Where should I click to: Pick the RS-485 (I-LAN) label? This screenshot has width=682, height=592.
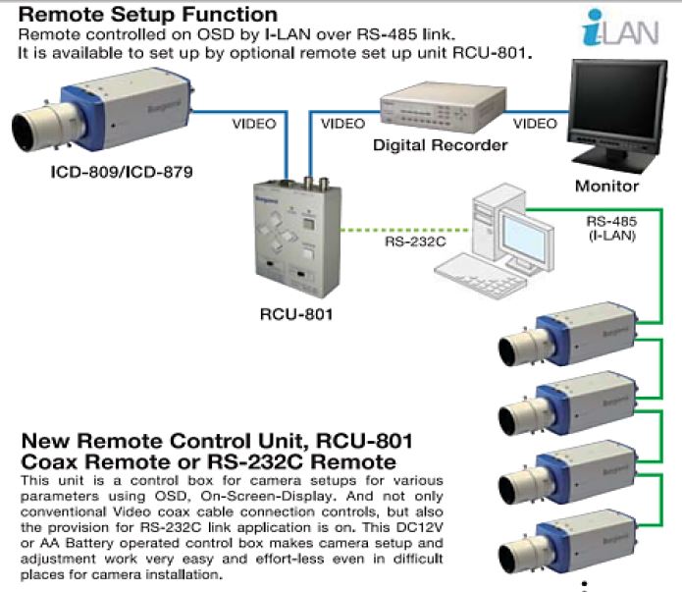(611, 228)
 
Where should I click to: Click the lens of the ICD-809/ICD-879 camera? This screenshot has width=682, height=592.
(34, 128)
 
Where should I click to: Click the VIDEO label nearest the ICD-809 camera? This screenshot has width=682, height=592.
(253, 125)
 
